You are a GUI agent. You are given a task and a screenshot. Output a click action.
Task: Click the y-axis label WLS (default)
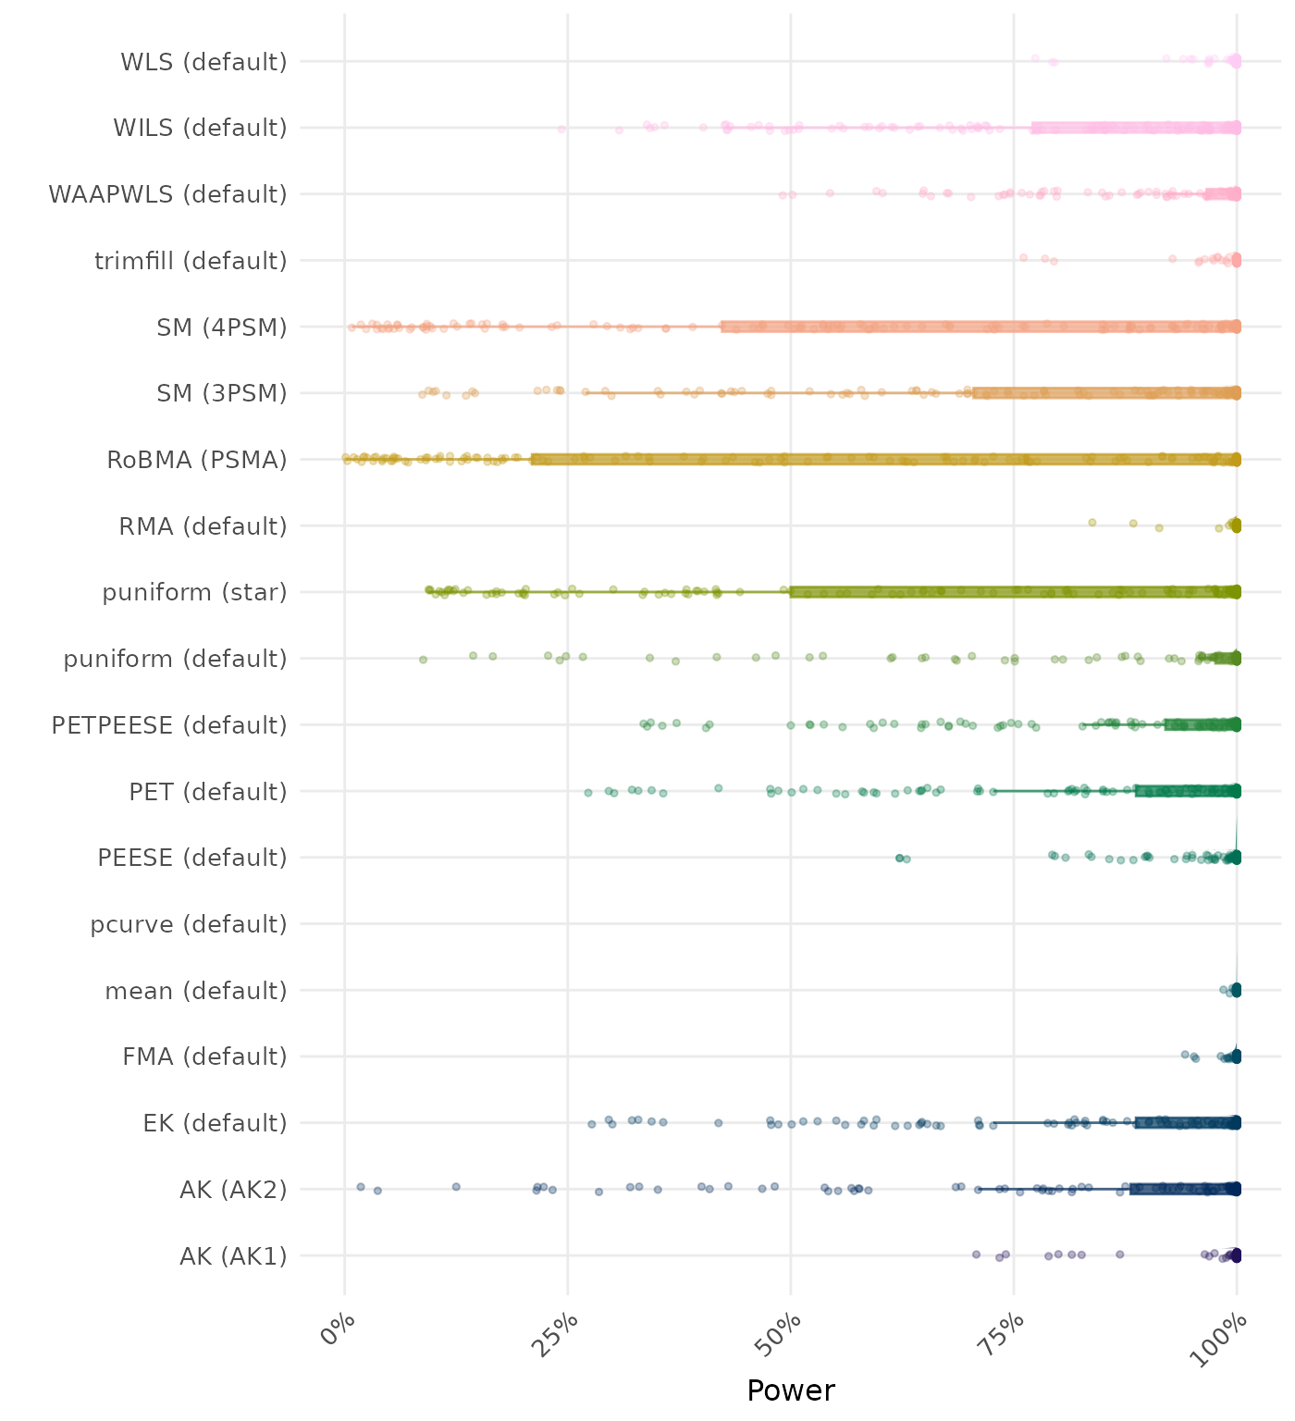[x=203, y=62]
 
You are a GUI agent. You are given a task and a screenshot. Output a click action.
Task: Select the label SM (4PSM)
[x=222, y=327]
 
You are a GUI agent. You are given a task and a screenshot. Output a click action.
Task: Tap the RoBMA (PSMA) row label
[x=197, y=460]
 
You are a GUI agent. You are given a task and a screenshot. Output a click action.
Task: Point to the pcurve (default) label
[x=189, y=924]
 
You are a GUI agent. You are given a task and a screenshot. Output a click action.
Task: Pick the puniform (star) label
[x=194, y=592]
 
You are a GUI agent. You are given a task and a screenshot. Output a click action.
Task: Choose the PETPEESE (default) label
[x=169, y=725]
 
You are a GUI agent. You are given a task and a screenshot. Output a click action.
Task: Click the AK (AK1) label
[x=233, y=1256]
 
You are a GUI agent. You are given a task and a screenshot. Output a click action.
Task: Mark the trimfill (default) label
[x=191, y=261]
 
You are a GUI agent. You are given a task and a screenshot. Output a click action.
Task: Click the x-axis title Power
[x=791, y=1390]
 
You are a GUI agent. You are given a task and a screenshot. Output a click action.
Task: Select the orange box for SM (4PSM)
[x=980, y=327]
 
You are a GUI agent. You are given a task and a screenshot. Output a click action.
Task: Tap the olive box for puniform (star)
[x=1014, y=592]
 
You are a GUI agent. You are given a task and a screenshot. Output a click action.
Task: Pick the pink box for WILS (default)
[x=1135, y=128]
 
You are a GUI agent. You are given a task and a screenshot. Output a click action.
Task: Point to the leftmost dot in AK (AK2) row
[x=361, y=1187]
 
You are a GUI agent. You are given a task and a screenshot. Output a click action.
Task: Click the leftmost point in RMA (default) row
[x=1091, y=523]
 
